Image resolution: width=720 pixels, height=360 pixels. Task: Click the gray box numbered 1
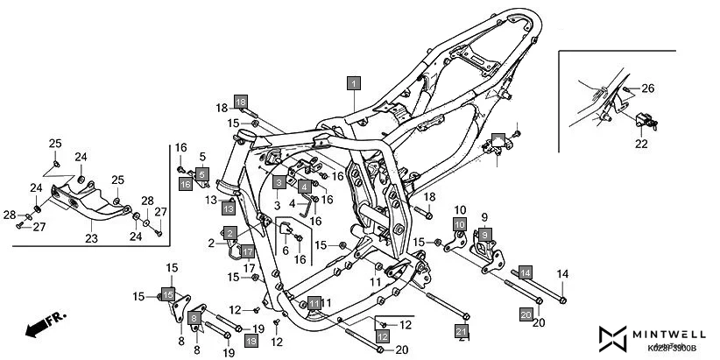353,84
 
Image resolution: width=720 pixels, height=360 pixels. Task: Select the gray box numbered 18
241,101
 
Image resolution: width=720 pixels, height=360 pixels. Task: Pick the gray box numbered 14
526,273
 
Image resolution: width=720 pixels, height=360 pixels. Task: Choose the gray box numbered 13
228,208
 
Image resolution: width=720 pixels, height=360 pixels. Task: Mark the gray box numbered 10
459,225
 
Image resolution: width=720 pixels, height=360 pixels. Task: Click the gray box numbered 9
484,235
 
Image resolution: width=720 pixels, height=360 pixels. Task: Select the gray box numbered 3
278,183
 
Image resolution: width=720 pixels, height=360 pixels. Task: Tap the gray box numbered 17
248,252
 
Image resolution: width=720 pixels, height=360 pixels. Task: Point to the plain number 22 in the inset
641,144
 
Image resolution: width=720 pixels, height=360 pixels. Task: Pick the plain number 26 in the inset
648,88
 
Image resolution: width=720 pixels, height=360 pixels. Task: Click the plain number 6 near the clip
284,250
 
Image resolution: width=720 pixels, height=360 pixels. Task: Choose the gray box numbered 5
201,174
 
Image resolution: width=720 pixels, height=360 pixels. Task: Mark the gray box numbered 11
314,303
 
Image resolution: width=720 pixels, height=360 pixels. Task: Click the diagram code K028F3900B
672,349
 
